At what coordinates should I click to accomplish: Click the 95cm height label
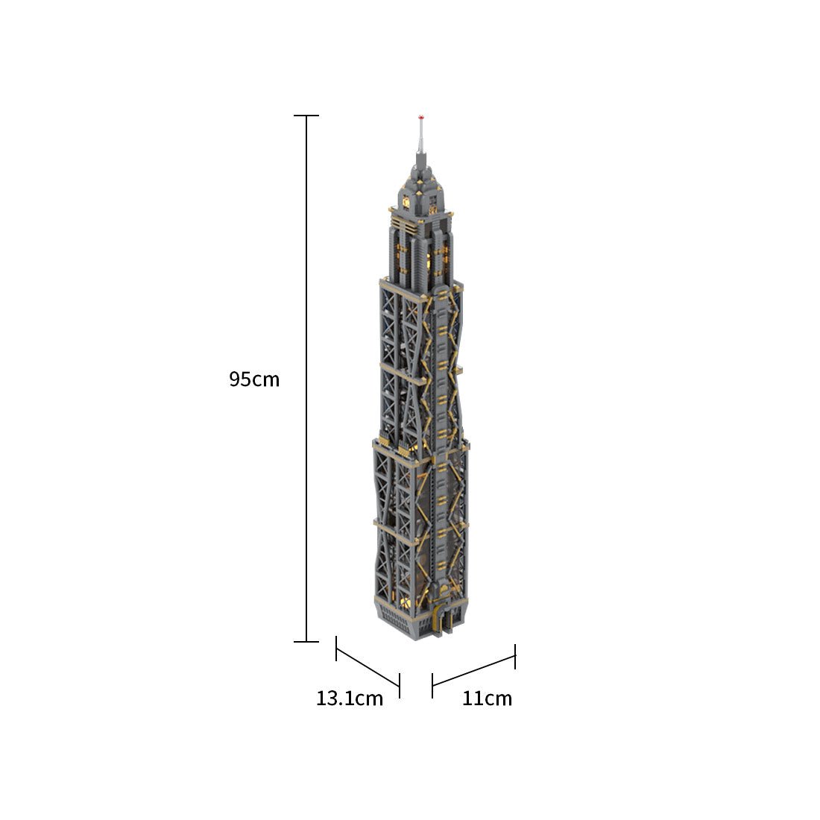(x=254, y=379)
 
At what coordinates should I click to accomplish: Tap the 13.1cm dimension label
(x=350, y=698)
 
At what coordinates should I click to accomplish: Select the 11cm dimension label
(x=487, y=698)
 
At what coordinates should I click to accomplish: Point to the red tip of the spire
(x=420, y=118)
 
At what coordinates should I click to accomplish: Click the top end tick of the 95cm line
(x=306, y=116)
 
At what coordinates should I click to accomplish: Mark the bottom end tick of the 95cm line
(x=306, y=641)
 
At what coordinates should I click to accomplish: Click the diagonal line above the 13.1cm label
(x=368, y=667)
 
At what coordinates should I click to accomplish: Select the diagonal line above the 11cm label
(x=474, y=671)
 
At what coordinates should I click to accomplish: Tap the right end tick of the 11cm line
(x=515, y=656)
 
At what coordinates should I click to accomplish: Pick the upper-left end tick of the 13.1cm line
(x=336, y=649)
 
